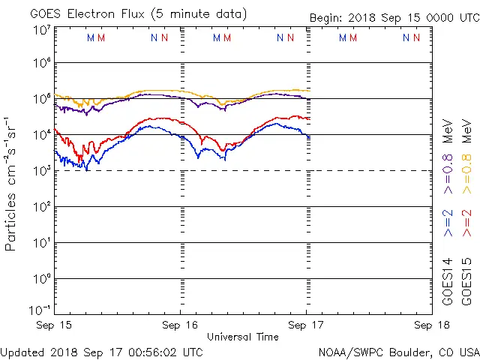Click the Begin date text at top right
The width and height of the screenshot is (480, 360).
click(x=394, y=19)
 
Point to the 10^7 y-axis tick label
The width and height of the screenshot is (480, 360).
click(x=41, y=29)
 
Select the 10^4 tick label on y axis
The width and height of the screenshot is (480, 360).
click(x=41, y=134)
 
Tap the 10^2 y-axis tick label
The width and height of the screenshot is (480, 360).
click(x=41, y=206)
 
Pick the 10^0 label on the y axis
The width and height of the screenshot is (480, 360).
click(x=41, y=278)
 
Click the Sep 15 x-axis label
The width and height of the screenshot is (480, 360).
click(x=54, y=325)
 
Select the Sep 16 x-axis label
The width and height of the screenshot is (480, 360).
click(x=180, y=325)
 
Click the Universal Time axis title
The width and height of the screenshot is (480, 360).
click(x=242, y=337)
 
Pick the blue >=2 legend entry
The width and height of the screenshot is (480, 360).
click(x=448, y=223)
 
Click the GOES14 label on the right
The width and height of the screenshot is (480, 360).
click(x=448, y=283)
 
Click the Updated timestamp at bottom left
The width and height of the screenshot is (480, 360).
click(x=101, y=352)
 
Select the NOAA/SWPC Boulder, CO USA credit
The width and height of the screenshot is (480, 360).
click(x=398, y=352)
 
